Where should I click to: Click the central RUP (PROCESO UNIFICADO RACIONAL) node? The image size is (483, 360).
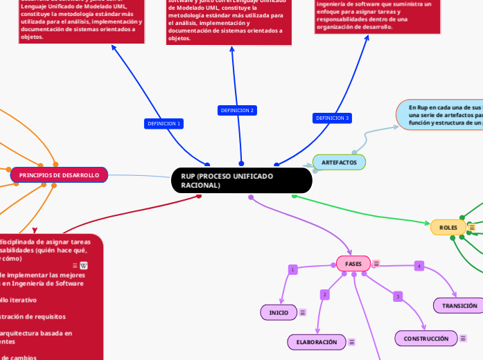click(x=241, y=181)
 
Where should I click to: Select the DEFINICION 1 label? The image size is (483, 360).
click(x=164, y=123)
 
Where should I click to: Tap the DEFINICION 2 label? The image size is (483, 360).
click(x=237, y=110)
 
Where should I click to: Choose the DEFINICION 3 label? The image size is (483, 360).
click(x=333, y=118)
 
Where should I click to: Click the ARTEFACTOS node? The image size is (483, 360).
click(x=339, y=162)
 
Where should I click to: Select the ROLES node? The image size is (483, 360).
click(x=448, y=227)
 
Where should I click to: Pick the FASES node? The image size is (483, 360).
click(x=353, y=264)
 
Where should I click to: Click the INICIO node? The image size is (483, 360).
click(x=279, y=313)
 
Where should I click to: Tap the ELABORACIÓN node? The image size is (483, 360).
click(x=316, y=342)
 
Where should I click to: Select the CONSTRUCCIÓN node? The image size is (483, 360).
click(x=426, y=338)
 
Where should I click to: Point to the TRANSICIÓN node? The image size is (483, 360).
click(x=459, y=305)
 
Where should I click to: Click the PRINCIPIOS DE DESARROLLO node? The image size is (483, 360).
click(x=59, y=175)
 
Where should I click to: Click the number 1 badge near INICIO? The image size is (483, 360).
click(x=292, y=269)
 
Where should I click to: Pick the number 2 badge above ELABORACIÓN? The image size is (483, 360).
click(x=324, y=295)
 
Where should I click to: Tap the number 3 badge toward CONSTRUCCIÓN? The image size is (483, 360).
click(x=398, y=296)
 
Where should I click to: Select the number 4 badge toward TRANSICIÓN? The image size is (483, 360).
click(x=419, y=266)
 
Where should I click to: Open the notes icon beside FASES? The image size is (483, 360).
click(x=376, y=264)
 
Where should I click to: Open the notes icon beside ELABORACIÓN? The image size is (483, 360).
click(x=352, y=342)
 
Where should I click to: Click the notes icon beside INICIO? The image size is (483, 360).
click(x=303, y=313)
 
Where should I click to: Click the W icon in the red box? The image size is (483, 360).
click(x=84, y=265)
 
